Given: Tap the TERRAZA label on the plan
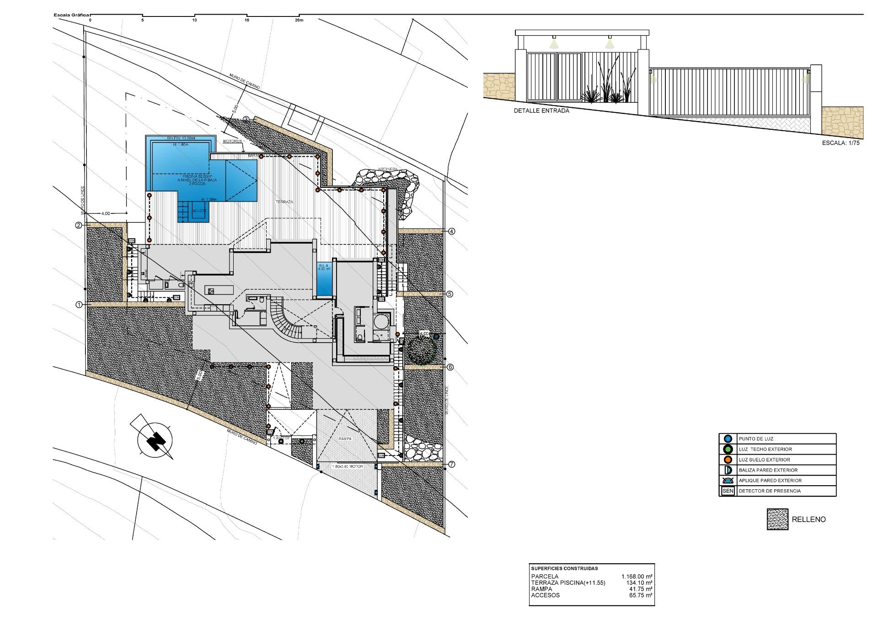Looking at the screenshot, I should pyautogui.click(x=284, y=202).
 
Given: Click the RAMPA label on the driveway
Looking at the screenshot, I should pyautogui.click(x=345, y=439).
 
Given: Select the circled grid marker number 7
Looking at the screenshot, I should pyautogui.click(x=452, y=465).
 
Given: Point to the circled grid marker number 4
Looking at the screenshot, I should pyautogui.click(x=452, y=231).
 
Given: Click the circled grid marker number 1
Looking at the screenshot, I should pyautogui.click(x=79, y=304).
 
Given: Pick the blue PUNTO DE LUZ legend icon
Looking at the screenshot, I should pyautogui.click(x=728, y=439).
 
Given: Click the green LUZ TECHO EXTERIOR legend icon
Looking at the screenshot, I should pyautogui.click(x=728, y=449).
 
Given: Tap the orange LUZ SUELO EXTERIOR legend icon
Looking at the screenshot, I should pyautogui.click(x=728, y=460).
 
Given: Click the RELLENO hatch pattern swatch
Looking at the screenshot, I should pyautogui.click(x=777, y=519).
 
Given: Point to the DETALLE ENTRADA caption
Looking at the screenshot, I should pyautogui.click(x=541, y=111).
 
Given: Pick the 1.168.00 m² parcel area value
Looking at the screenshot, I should pyautogui.click(x=637, y=577).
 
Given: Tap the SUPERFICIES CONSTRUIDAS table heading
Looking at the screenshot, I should pyautogui.click(x=564, y=569).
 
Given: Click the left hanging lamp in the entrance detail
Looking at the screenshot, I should pyautogui.click(x=554, y=43).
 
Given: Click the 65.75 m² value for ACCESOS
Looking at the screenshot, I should pyautogui.click(x=640, y=595).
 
